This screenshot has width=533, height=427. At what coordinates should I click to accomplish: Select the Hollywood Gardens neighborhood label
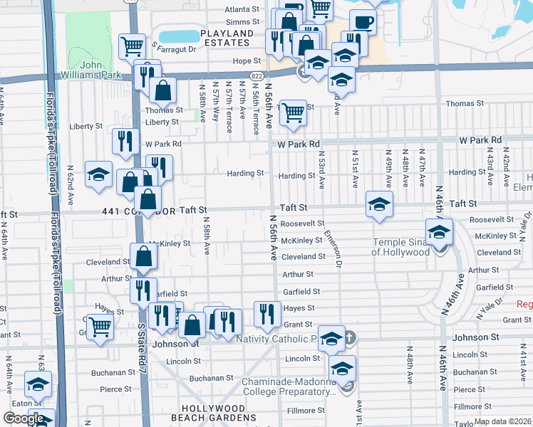click(213, 413)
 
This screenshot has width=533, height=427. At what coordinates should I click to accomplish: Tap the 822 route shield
click(255, 75)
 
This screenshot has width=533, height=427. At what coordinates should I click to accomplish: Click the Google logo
click(24, 418)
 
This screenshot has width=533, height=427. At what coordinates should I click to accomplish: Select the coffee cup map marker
click(363, 23)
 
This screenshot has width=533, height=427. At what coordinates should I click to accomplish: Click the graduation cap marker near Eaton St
click(38, 385)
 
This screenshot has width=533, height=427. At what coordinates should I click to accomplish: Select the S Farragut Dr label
click(173, 49)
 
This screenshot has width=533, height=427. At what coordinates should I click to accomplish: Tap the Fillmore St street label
click(306, 411)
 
